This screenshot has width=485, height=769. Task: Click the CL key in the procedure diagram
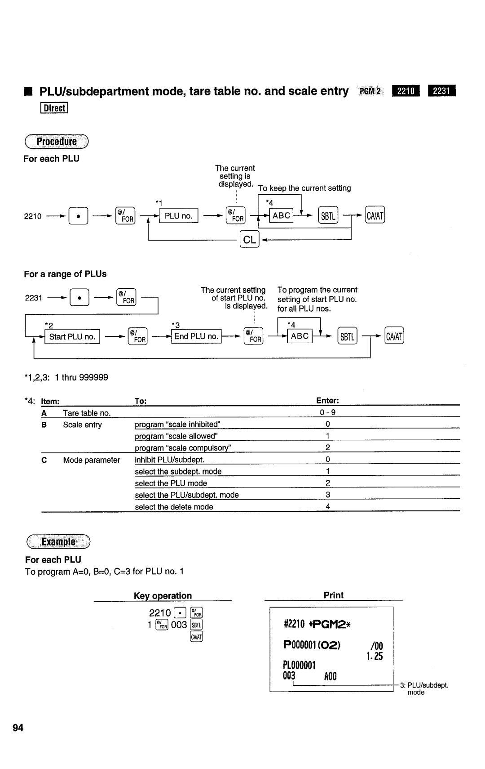tap(249, 240)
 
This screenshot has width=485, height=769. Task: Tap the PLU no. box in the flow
tap(178, 216)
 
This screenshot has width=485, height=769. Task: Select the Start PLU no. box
tap(72, 337)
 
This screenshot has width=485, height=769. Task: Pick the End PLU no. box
tap(196, 336)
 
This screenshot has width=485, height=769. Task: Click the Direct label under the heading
tap(54, 108)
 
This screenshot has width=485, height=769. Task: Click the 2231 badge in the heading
tap(441, 91)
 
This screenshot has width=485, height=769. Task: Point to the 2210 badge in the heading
tap(406, 91)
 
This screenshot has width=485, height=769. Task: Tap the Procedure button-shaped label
tap(57, 142)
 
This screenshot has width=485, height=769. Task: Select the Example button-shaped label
tap(58, 541)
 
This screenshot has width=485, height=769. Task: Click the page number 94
tap(18, 728)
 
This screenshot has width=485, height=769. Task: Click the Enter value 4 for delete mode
tap(328, 506)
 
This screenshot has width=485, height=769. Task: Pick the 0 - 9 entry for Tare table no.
tap(328, 413)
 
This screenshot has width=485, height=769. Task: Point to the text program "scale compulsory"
tap(183, 448)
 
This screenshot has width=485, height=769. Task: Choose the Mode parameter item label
tap(92, 460)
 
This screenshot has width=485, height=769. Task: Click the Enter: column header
tap(327, 401)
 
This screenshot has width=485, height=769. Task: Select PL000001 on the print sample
tap(300, 665)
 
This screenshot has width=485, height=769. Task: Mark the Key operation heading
tap(163, 596)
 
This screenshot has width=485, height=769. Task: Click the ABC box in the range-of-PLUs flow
tap(300, 336)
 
